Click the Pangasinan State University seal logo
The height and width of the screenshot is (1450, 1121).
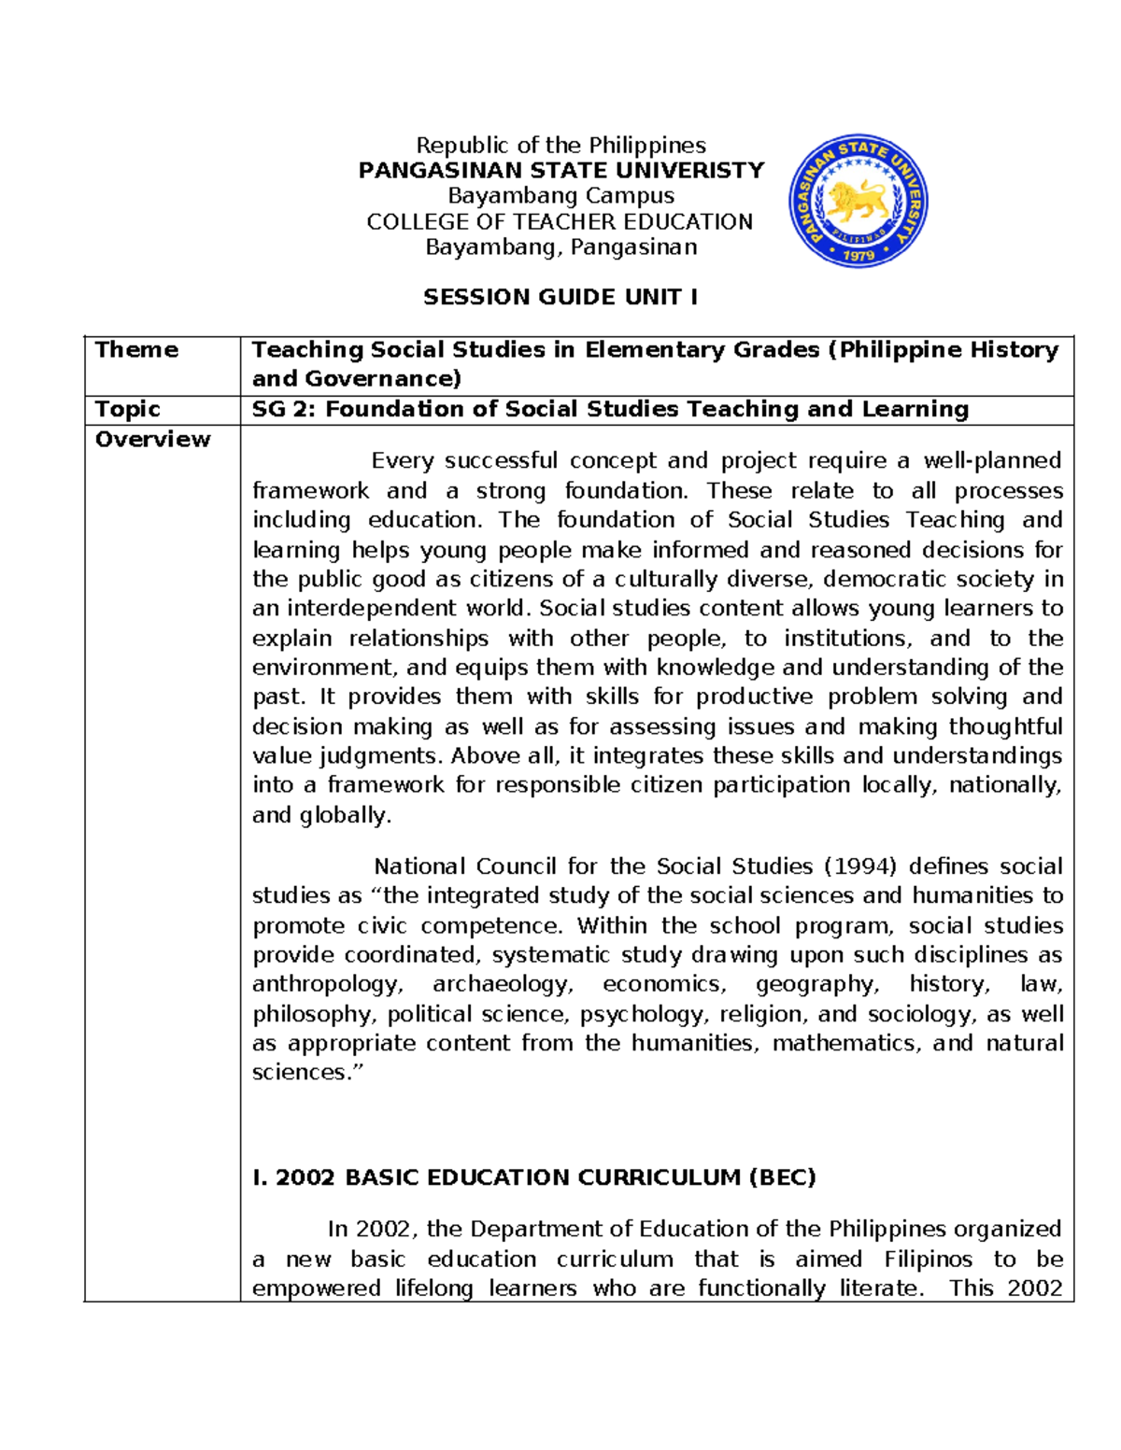[858, 200]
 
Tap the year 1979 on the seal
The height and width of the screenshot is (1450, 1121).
[858, 255]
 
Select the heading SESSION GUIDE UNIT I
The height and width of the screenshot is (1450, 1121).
[560, 297]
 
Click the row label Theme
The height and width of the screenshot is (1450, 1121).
[136, 349]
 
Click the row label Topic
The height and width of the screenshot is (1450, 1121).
[128, 409]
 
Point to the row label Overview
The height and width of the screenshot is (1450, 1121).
[152, 439]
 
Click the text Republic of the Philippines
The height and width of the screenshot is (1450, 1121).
[560, 145]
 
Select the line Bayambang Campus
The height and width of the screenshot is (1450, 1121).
[560, 195]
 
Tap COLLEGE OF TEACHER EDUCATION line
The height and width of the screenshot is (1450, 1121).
[560, 221]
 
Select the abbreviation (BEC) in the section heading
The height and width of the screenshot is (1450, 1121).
[782, 1177]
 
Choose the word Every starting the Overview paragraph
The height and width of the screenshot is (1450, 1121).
[402, 461]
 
